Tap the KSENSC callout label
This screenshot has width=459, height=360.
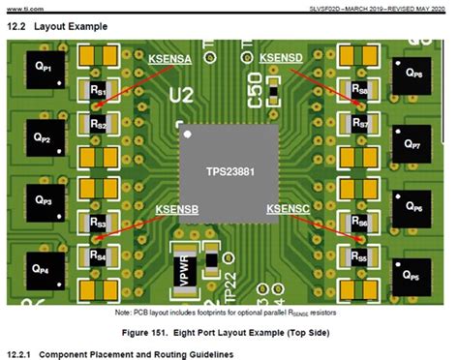pyautogui.click(x=287, y=209)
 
